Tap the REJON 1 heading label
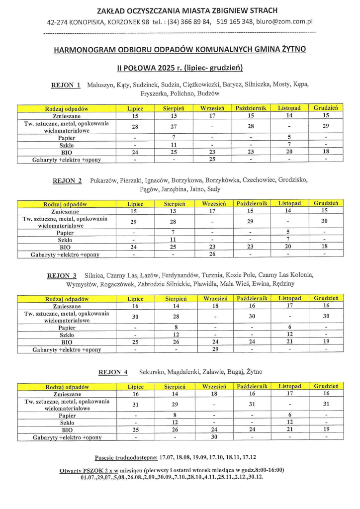tap(66, 85)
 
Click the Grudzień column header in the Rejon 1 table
tap(326, 108)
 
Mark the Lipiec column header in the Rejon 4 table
tap(135, 386)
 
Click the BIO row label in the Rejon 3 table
tap(67, 342)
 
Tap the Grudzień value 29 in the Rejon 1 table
tap(326, 126)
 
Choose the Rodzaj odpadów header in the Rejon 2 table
tap(65, 204)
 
